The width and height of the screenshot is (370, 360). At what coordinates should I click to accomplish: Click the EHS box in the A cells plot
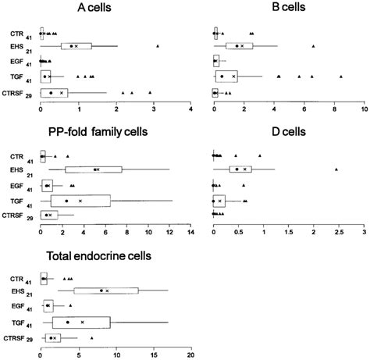(x=76, y=46)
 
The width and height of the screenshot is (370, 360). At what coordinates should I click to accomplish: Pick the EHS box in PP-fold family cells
(x=93, y=169)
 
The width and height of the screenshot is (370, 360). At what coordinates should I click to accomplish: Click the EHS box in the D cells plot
(x=240, y=169)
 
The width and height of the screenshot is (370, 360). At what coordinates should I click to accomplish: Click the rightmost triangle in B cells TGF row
(x=341, y=77)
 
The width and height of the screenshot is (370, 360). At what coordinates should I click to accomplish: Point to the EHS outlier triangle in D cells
(x=336, y=169)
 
